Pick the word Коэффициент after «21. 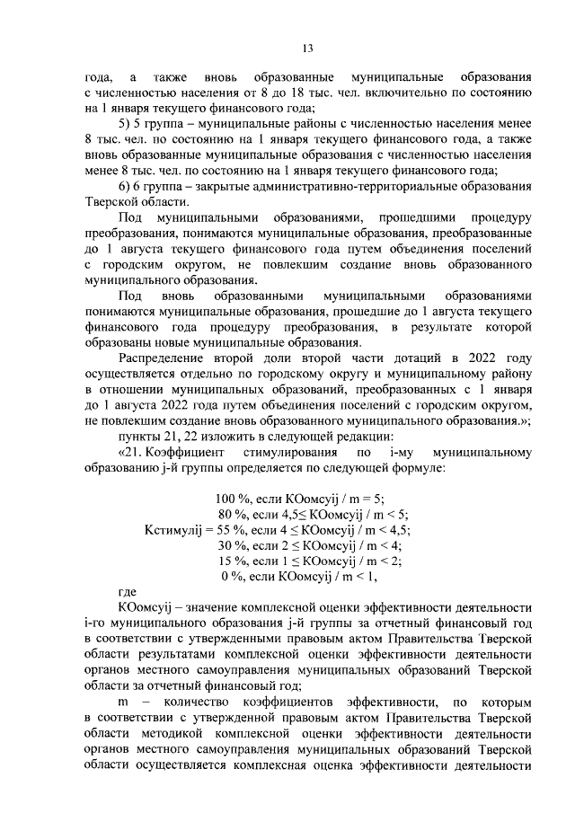(182, 453)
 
